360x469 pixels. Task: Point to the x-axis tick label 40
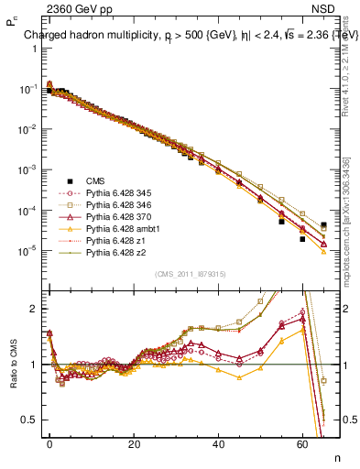(218, 443)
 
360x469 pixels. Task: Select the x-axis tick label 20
(134, 443)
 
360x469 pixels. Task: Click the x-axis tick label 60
(302, 443)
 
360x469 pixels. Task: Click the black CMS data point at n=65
(324, 225)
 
